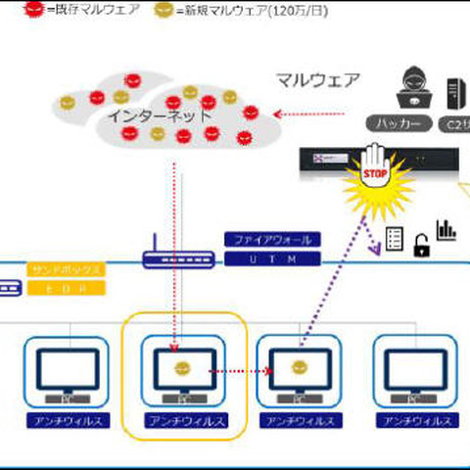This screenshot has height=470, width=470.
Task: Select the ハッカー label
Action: tap(399, 124)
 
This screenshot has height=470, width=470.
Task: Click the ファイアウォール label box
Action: tap(272, 239)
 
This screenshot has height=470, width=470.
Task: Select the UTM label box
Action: tap(272, 259)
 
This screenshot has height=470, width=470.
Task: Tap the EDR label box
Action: tap(65, 290)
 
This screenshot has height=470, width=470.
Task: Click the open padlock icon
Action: tap(422, 246)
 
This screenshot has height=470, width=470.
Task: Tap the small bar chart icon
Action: tap(446, 230)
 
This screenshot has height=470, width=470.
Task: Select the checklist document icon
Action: tap(396, 238)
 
